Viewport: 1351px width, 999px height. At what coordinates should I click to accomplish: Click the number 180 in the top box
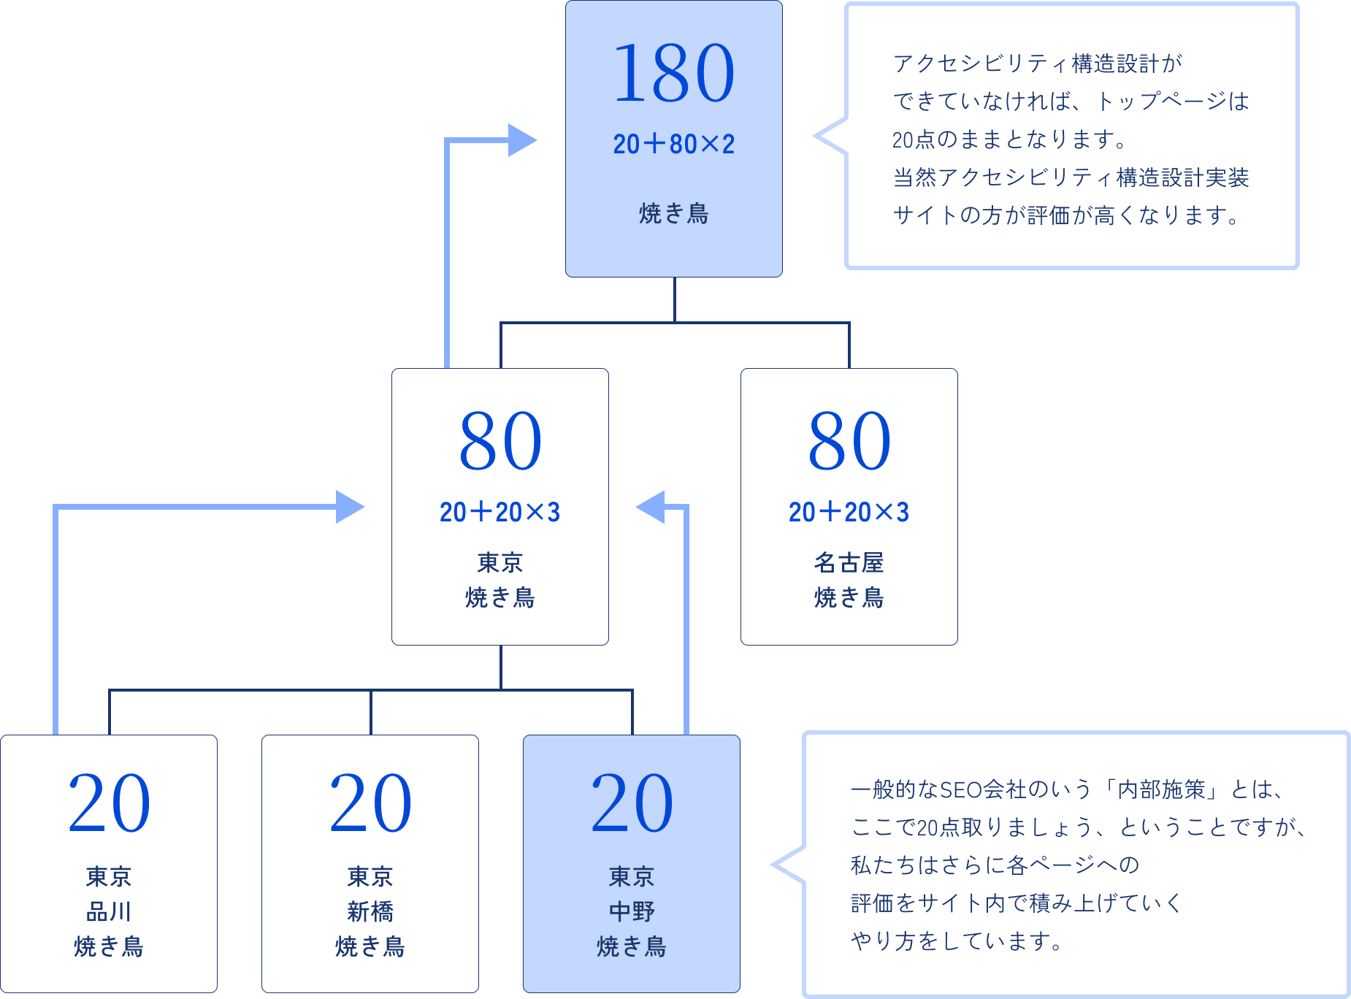(x=673, y=73)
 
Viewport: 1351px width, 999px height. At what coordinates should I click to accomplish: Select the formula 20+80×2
(x=673, y=145)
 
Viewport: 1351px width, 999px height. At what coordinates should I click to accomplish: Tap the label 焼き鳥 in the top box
(x=673, y=213)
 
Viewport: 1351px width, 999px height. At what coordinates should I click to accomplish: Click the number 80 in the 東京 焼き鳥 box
(x=500, y=441)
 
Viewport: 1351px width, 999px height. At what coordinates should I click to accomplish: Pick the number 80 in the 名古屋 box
(x=849, y=441)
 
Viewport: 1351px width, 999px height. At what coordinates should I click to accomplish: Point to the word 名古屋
(x=849, y=562)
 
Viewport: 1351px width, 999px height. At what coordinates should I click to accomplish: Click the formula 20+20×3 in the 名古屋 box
(x=849, y=512)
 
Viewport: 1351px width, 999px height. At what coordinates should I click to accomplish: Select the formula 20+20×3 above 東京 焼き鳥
(x=500, y=512)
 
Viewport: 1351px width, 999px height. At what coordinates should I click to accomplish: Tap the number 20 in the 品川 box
(x=109, y=803)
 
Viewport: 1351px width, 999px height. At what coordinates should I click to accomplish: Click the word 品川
(x=109, y=911)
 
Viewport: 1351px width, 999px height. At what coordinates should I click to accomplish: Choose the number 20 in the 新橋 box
(x=370, y=803)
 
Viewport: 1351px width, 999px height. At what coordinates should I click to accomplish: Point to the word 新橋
(x=370, y=911)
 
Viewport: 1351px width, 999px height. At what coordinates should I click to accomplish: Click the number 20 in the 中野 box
(x=632, y=803)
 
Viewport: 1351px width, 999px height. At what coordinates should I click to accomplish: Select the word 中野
(x=632, y=911)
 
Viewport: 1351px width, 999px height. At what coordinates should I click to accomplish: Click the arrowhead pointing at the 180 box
(x=522, y=140)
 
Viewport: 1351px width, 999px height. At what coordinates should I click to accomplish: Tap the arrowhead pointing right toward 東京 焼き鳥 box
(x=350, y=507)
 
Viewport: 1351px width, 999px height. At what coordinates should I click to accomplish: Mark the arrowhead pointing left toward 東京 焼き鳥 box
(x=651, y=507)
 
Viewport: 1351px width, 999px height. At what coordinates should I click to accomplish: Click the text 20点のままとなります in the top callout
(x=1008, y=139)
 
